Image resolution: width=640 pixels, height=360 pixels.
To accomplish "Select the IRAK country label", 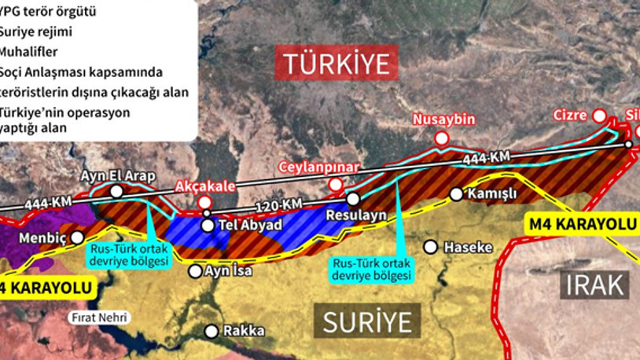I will [x=595, y=284].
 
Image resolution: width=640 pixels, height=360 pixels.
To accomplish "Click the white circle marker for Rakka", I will [x=210, y=331].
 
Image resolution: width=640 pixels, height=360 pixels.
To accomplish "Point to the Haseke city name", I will [x=468, y=247].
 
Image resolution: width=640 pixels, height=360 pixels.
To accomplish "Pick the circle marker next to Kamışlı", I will [x=456, y=194].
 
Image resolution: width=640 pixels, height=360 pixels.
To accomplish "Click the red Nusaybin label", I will [x=445, y=119].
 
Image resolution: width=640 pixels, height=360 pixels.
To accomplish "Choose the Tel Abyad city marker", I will [x=207, y=226].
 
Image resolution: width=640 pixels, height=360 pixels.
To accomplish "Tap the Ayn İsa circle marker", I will [x=195, y=271].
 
